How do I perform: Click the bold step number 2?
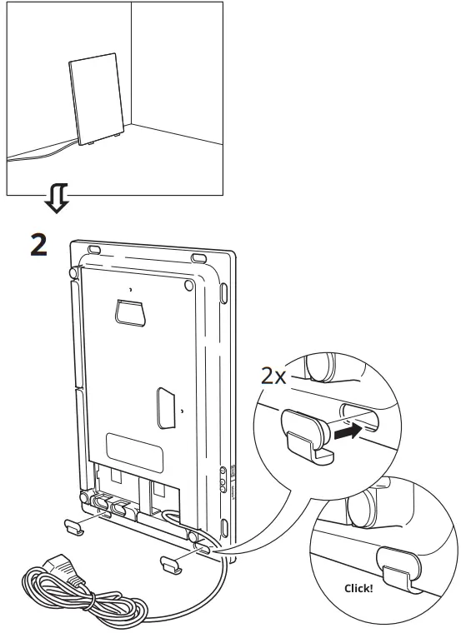click(39, 245)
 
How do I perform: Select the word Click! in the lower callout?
click(358, 587)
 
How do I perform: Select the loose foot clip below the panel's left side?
click(74, 527)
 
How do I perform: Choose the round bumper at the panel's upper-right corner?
click(189, 284)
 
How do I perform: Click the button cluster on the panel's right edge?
click(222, 481)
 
